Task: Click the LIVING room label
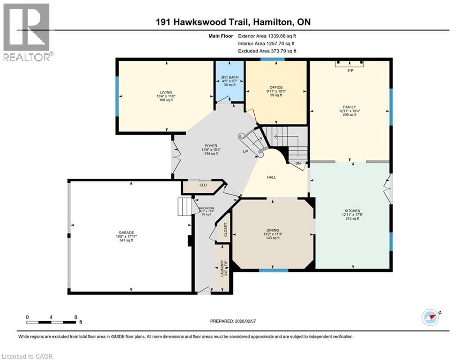click(x=166, y=92)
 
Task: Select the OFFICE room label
click(x=276, y=87)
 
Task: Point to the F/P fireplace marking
click(x=349, y=70)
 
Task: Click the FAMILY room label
click(x=350, y=106)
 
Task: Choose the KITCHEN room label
click(x=351, y=211)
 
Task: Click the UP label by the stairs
click(x=245, y=152)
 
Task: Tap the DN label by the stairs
click(x=298, y=163)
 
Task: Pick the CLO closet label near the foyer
click(x=203, y=185)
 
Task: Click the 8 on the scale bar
click(x=76, y=317)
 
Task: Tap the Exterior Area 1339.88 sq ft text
click(x=267, y=36)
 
